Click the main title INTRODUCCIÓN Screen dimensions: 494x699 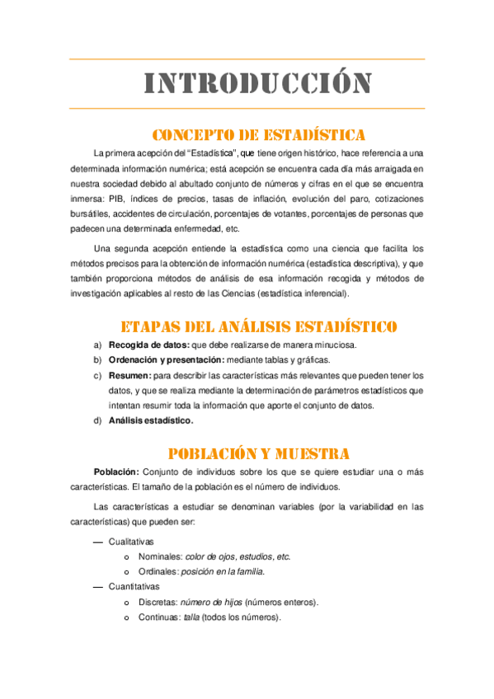pos(258,83)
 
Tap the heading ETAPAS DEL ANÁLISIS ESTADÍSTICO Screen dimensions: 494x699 pos(259,326)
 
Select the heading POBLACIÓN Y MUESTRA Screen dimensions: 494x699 pos(259,453)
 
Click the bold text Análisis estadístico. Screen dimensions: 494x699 pos(151,421)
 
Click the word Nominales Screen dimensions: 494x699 pos(160,556)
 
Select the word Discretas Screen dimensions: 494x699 pos(159,602)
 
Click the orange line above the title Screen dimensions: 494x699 pos(247,59)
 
